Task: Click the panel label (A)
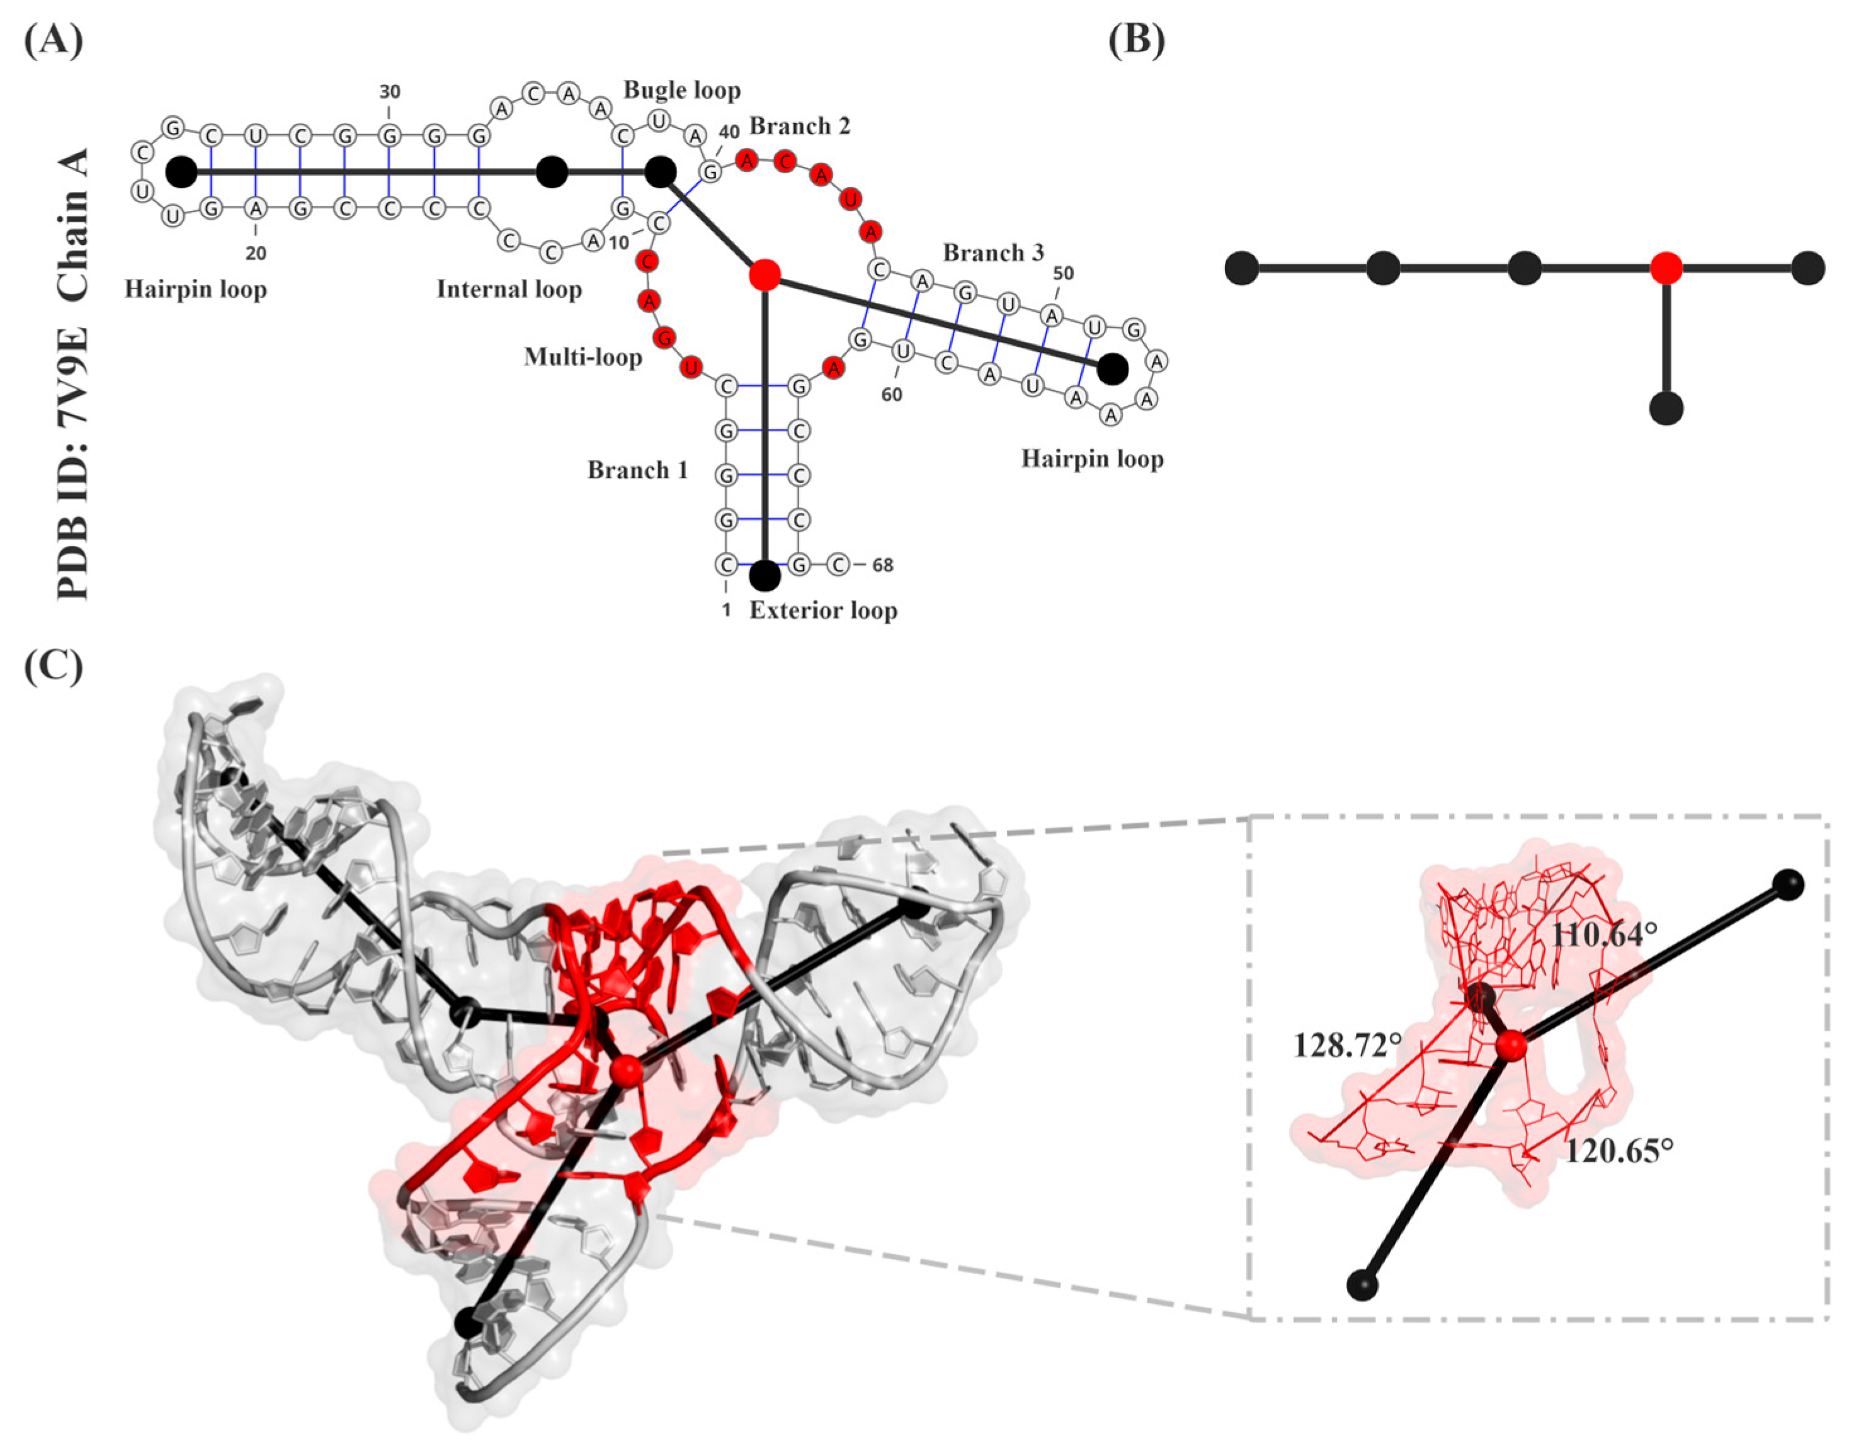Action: [x=54, y=40]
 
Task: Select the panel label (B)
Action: [x=1137, y=40]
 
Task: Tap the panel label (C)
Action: [x=54, y=668]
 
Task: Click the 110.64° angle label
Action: [x=1603, y=935]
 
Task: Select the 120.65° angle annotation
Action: [x=1619, y=1151]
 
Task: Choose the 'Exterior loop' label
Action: [x=823, y=610]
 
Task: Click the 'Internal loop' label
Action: [x=509, y=289]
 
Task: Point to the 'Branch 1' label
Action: [x=637, y=470]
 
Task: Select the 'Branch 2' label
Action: [x=799, y=126]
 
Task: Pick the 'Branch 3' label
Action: [x=993, y=252]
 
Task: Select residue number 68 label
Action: [x=882, y=565]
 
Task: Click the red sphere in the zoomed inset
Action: [x=1511, y=1046]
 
